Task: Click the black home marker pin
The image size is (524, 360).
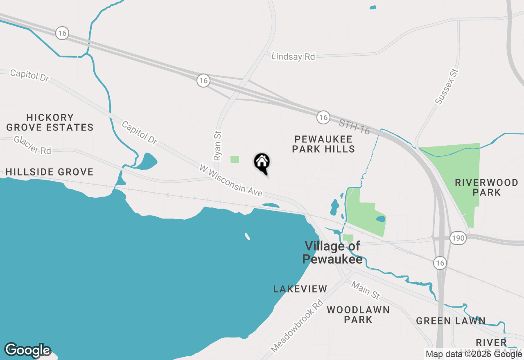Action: click(x=262, y=163)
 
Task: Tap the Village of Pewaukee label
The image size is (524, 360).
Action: click(x=332, y=252)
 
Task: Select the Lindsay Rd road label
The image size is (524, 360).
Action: click(x=293, y=56)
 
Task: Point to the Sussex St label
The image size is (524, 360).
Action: click(x=446, y=87)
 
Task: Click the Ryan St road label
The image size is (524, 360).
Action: click(x=217, y=145)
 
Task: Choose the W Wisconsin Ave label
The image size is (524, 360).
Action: click(x=231, y=180)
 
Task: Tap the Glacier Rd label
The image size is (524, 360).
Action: click(x=32, y=145)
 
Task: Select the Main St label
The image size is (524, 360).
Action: click(x=366, y=290)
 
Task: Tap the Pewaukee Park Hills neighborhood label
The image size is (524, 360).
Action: click(x=323, y=144)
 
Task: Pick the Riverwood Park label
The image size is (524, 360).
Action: click(x=487, y=187)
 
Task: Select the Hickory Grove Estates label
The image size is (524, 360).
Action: click(x=50, y=122)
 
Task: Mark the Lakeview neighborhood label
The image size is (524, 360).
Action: click(x=300, y=289)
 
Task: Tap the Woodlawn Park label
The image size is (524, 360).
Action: click(x=358, y=314)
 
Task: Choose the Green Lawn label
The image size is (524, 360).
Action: click(x=451, y=321)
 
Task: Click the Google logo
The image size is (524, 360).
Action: click(x=27, y=350)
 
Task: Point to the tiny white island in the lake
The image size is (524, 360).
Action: click(x=247, y=236)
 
